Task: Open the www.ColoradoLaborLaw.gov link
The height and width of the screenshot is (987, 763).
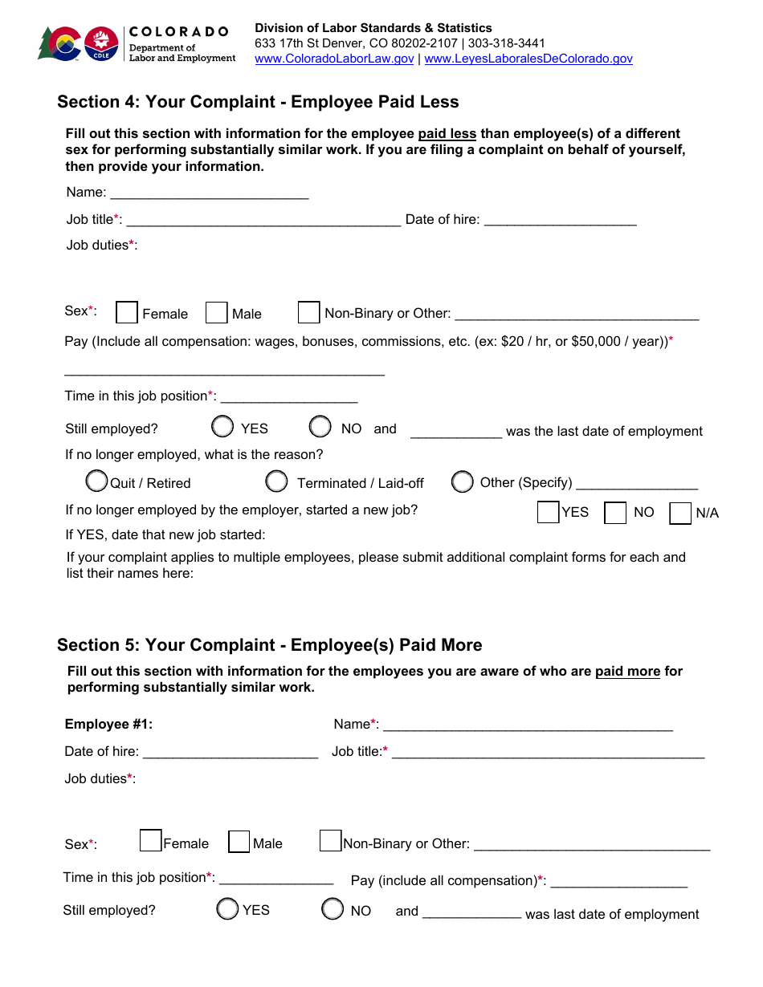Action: [334, 59]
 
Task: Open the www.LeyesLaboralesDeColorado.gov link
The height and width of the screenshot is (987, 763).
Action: [528, 59]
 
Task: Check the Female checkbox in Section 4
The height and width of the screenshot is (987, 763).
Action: [127, 312]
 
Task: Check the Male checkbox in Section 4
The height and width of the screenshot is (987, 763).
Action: [217, 313]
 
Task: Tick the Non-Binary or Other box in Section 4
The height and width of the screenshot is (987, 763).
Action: [308, 312]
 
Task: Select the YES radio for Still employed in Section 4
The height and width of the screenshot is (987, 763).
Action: [223, 426]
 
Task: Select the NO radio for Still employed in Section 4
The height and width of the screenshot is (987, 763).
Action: [320, 426]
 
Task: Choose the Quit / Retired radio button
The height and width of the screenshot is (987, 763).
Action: [97, 481]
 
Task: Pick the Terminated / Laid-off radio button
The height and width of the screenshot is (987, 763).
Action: [276, 481]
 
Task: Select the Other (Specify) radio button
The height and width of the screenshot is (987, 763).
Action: [462, 481]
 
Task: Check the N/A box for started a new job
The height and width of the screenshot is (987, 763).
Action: [680, 513]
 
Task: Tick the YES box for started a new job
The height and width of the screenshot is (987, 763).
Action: [549, 512]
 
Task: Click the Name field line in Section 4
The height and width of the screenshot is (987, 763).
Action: [209, 193]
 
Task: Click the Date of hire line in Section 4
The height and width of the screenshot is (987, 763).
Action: [560, 220]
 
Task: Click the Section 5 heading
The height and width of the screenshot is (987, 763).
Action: [269, 645]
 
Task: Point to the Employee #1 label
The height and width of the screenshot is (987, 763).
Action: [108, 724]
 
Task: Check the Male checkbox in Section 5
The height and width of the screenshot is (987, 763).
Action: [239, 842]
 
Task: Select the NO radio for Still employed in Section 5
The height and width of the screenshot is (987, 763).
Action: [333, 909]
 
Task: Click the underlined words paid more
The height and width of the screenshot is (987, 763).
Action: [627, 671]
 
